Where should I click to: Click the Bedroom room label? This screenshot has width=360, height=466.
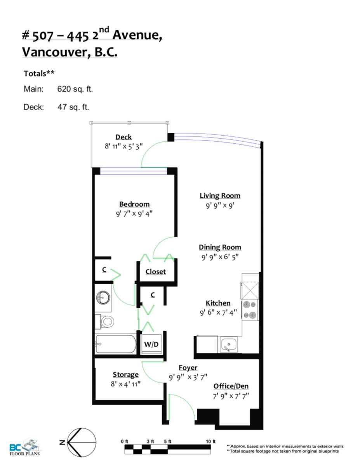134,204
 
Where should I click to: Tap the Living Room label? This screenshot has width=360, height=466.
220,196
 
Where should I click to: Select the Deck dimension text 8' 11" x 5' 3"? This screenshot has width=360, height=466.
123,147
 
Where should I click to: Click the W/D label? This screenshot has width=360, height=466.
151,344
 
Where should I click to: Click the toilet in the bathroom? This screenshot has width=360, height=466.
106,321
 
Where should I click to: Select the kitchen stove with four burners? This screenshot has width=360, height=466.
250,310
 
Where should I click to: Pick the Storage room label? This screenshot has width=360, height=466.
125,375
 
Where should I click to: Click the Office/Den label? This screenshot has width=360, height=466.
231,386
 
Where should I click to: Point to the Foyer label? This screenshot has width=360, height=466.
188,368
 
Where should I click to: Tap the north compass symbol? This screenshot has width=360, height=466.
81,442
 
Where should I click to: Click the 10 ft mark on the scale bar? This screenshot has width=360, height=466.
210,442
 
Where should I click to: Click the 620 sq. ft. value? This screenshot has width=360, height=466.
75,89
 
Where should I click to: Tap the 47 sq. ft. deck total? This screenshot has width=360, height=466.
73,107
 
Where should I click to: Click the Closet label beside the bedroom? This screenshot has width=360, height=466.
155,272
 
